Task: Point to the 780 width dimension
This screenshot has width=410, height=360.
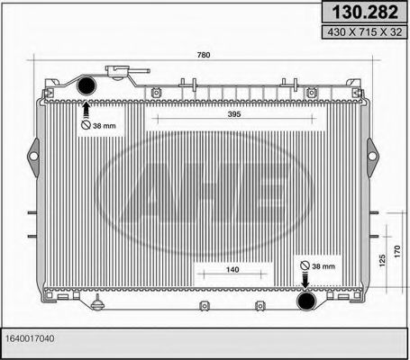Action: click(204, 56)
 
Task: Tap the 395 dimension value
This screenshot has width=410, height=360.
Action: click(208, 113)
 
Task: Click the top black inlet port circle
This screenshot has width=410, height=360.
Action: click(87, 86)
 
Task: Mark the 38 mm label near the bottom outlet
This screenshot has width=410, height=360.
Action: click(320, 266)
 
